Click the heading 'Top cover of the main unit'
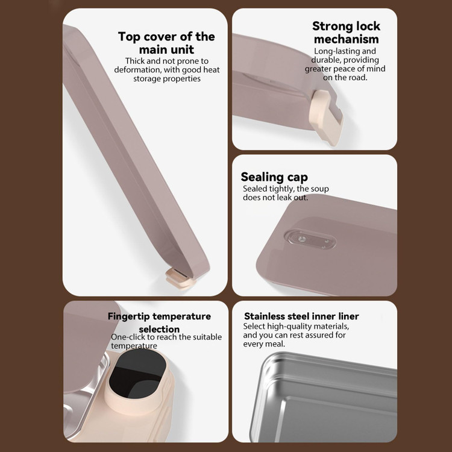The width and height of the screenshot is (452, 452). tap(166, 43)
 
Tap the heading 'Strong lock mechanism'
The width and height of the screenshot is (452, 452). tap(346, 33)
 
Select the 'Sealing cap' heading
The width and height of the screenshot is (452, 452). tap(274, 177)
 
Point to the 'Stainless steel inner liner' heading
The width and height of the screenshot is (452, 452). tap(301, 316)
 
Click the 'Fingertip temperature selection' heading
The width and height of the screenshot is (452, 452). tap(159, 322)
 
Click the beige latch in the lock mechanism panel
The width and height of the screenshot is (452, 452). tap(326, 117)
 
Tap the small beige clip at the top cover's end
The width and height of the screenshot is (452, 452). tap(177, 278)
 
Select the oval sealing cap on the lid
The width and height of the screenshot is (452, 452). tap(310, 239)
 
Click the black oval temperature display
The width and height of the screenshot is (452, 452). tap(137, 374)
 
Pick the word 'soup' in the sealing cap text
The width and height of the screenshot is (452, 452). tap(319, 189)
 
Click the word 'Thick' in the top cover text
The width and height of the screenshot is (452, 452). tap(135, 61)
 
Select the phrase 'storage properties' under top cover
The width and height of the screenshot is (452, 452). tap(166, 79)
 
